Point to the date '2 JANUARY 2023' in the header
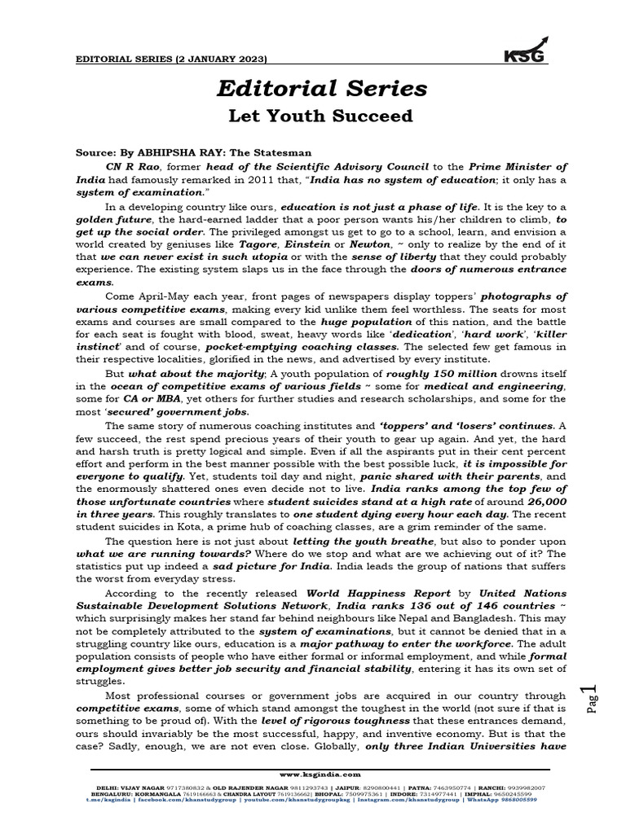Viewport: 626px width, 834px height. point(215,59)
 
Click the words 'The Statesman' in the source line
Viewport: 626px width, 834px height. point(265,152)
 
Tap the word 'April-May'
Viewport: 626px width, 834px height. point(170,296)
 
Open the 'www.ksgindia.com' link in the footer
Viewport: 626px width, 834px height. point(315,775)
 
